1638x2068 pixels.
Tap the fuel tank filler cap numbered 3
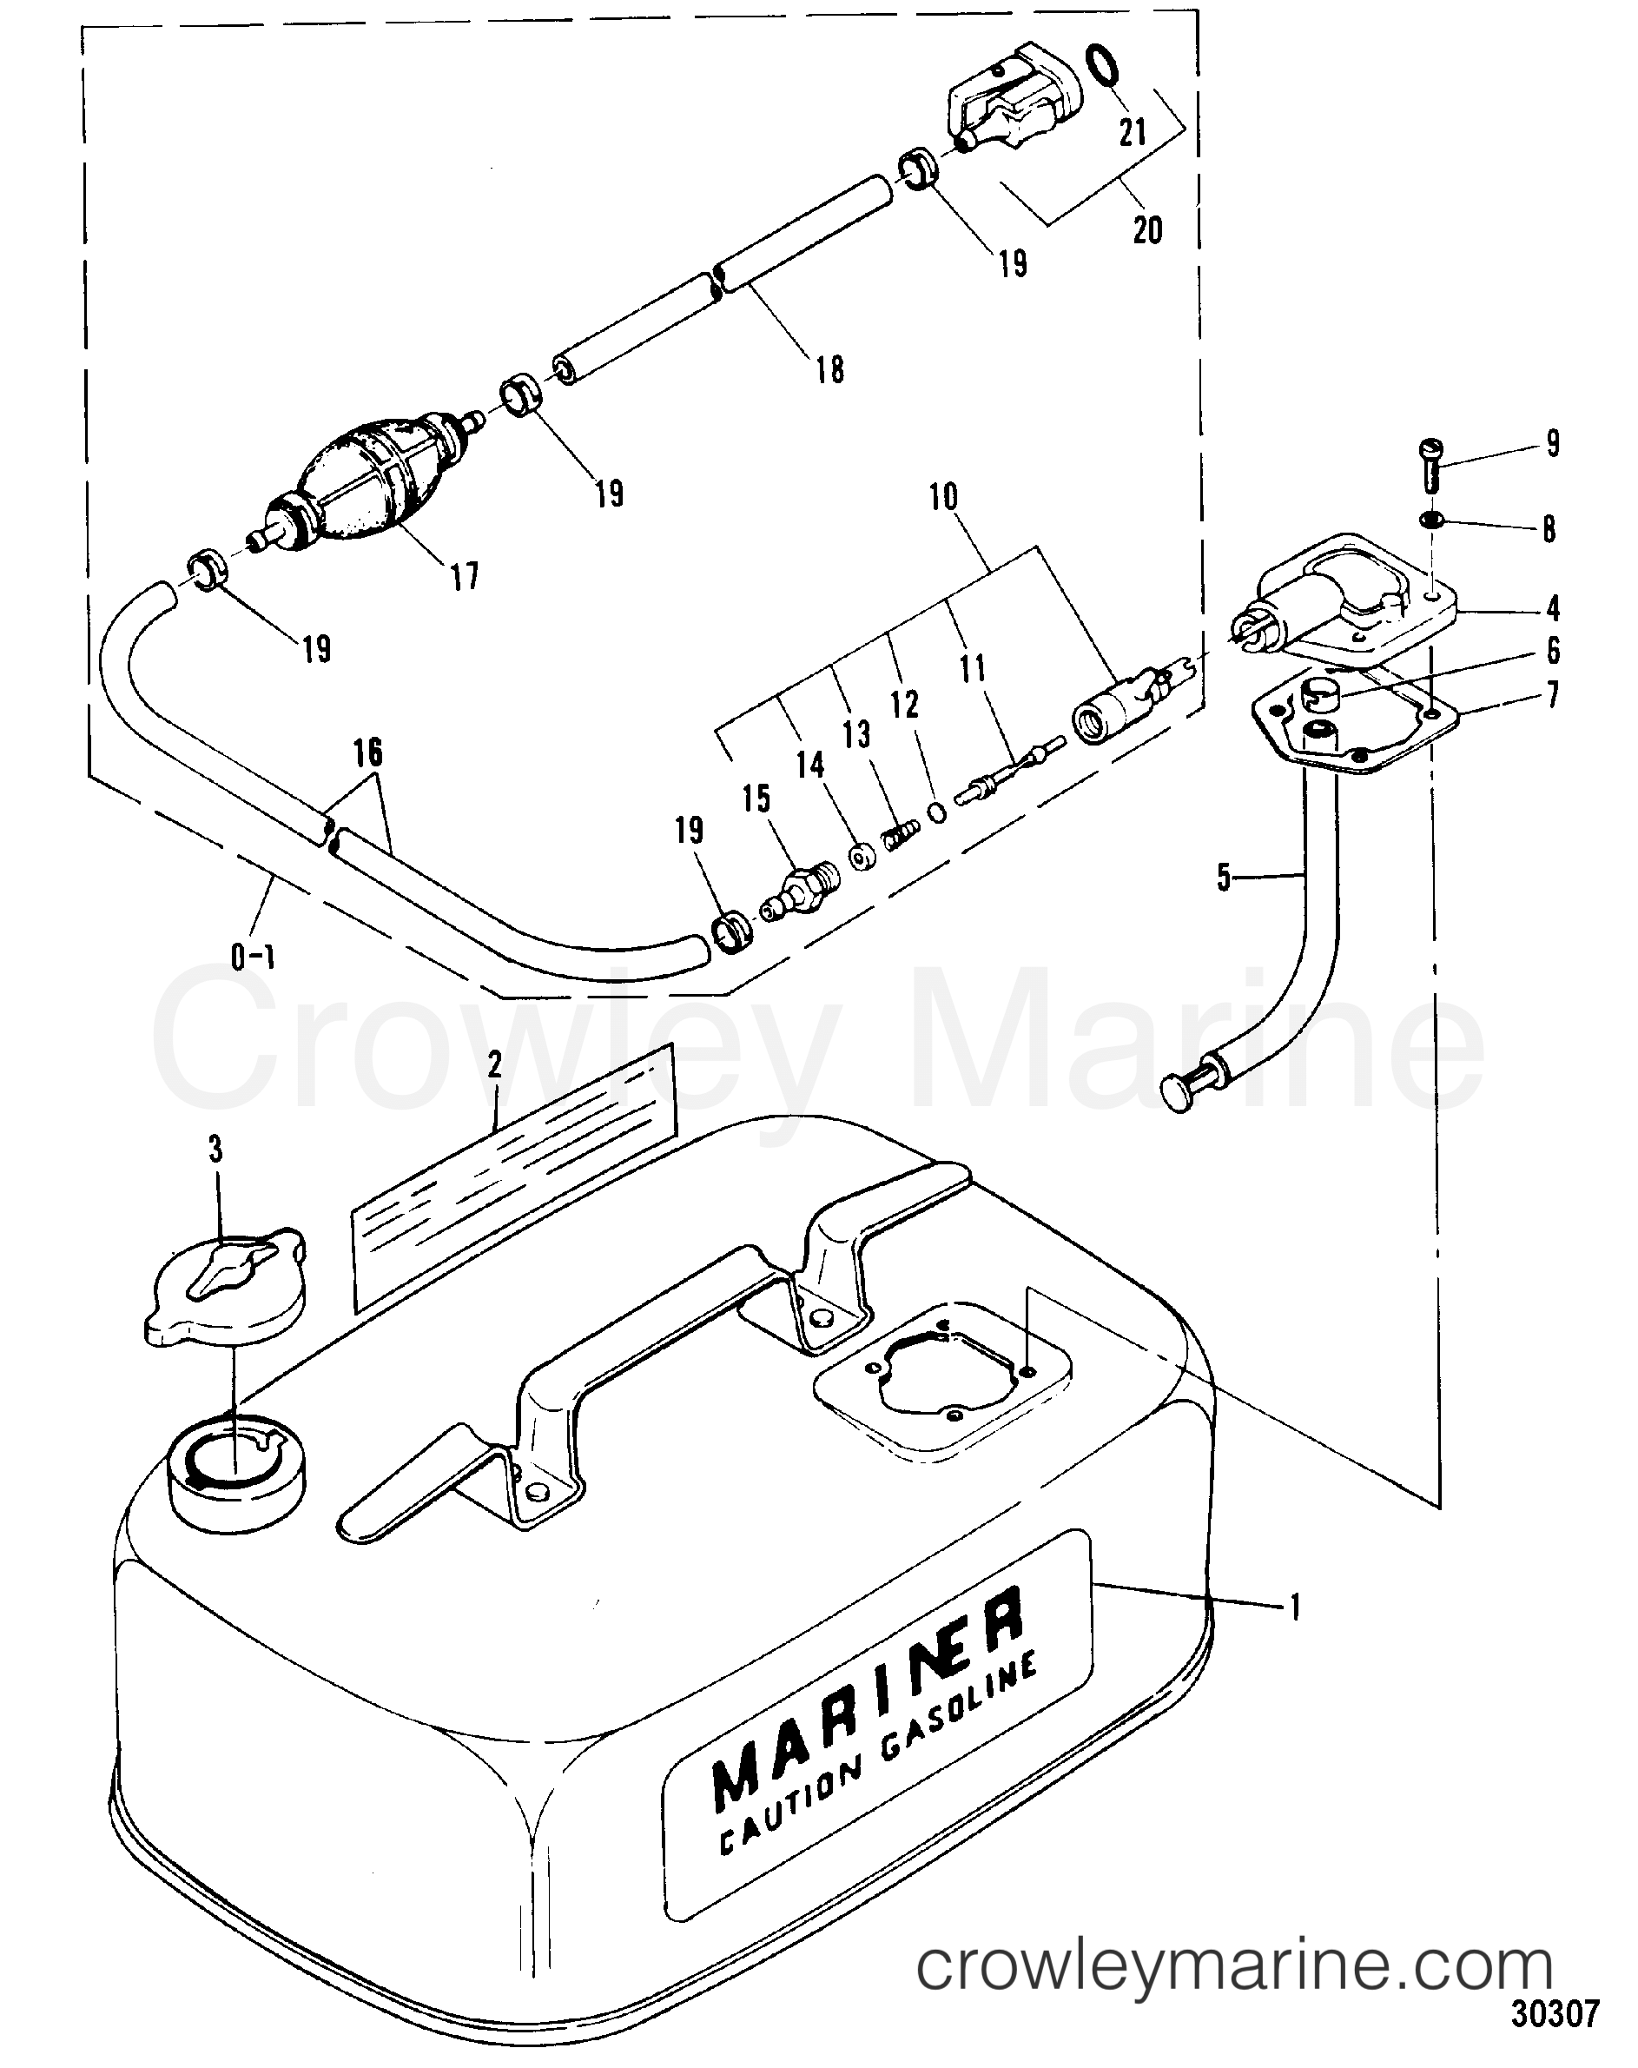pyautogui.click(x=228, y=1285)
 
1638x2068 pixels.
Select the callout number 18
pyautogui.click(x=830, y=369)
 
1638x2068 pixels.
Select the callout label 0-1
pyautogui.click(x=254, y=957)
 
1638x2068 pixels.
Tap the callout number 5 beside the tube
pyautogui.click(x=1224, y=877)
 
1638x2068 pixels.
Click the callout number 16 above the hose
pyautogui.click(x=368, y=753)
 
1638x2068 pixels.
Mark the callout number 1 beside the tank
pyautogui.click(x=1295, y=1606)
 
